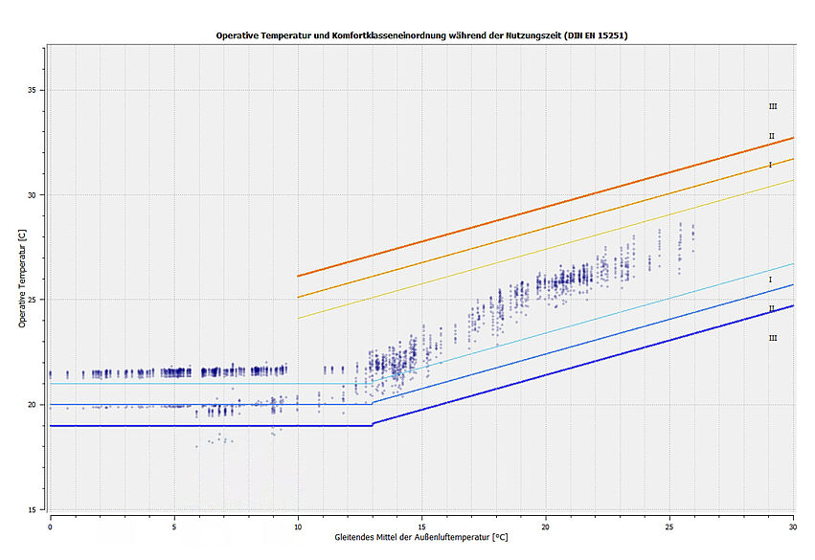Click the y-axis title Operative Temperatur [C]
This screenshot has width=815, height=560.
click(x=22, y=279)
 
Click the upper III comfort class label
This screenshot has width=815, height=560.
click(x=772, y=106)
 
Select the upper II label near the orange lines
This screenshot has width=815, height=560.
click(x=770, y=136)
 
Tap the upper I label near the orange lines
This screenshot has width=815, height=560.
click(x=769, y=165)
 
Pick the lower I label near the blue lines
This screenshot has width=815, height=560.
click(x=769, y=280)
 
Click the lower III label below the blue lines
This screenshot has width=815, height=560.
click(x=772, y=338)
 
